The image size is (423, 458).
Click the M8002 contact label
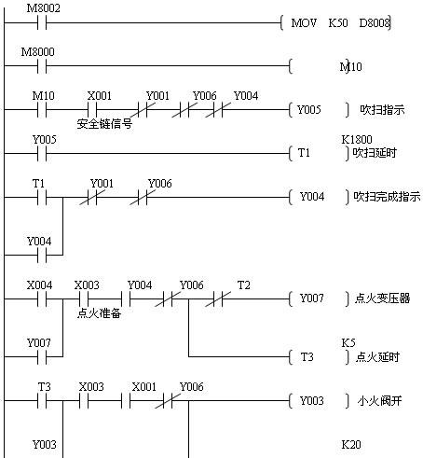[43, 8]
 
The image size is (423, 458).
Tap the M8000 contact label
[37, 52]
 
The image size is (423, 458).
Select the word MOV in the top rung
[304, 23]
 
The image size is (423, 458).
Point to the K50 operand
[338, 23]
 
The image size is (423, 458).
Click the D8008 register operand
[375, 23]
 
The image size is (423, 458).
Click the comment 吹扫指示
[382, 110]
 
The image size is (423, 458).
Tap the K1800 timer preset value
[357, 140]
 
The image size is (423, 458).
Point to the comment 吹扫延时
[375, 153]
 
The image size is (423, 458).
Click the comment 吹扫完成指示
[387, 197]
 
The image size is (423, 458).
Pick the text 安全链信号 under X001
[104, 124]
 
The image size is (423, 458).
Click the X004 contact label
[39, 285]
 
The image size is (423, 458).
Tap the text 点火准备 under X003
[99, 313]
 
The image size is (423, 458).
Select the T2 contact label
[243, 285]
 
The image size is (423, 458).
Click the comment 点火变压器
[382, 298]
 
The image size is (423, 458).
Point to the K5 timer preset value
[348, 343]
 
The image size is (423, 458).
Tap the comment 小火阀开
[379, 401]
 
